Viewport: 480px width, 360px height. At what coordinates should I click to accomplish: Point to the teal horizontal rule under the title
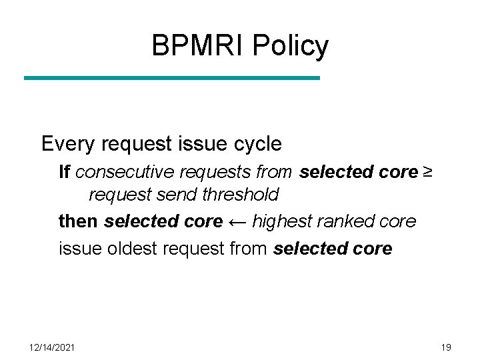click(x=172, y=78)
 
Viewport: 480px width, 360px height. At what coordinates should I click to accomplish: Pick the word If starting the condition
click(x=65, y=172)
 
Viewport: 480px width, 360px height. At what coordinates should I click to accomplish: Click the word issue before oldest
click(x=76, y=249)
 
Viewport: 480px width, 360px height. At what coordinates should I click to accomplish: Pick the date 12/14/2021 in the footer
click(x=52, y=347)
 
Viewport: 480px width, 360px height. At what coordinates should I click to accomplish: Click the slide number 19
click(x=446, y=347)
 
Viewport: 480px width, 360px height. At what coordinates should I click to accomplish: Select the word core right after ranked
click(x=398, y=221)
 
